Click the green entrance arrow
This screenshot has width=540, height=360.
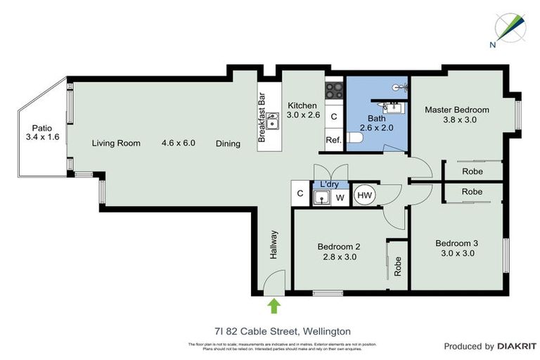(x=274, y=305)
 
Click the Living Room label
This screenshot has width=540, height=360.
(x=116, y=143)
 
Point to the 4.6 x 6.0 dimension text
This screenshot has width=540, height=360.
(x=178, y=143)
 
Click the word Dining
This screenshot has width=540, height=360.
(x=228, y=143)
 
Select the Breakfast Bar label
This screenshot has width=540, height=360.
(x=262, y=118)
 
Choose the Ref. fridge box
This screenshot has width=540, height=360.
(x=333, y=140)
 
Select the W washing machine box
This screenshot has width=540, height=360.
(x=340, y=198)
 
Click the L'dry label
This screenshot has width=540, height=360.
(x=329, y=184)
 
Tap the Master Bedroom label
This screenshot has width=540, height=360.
(x=457, y=110)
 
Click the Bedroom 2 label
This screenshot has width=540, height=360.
(x=338, y=247)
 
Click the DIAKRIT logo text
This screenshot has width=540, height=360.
(x=517, y=347)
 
